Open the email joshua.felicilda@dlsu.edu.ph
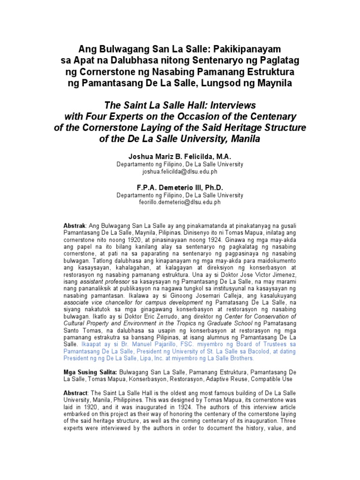click(180, 172)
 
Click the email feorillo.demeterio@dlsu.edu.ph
click(180, 202)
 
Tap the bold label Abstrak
click(75, 226)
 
